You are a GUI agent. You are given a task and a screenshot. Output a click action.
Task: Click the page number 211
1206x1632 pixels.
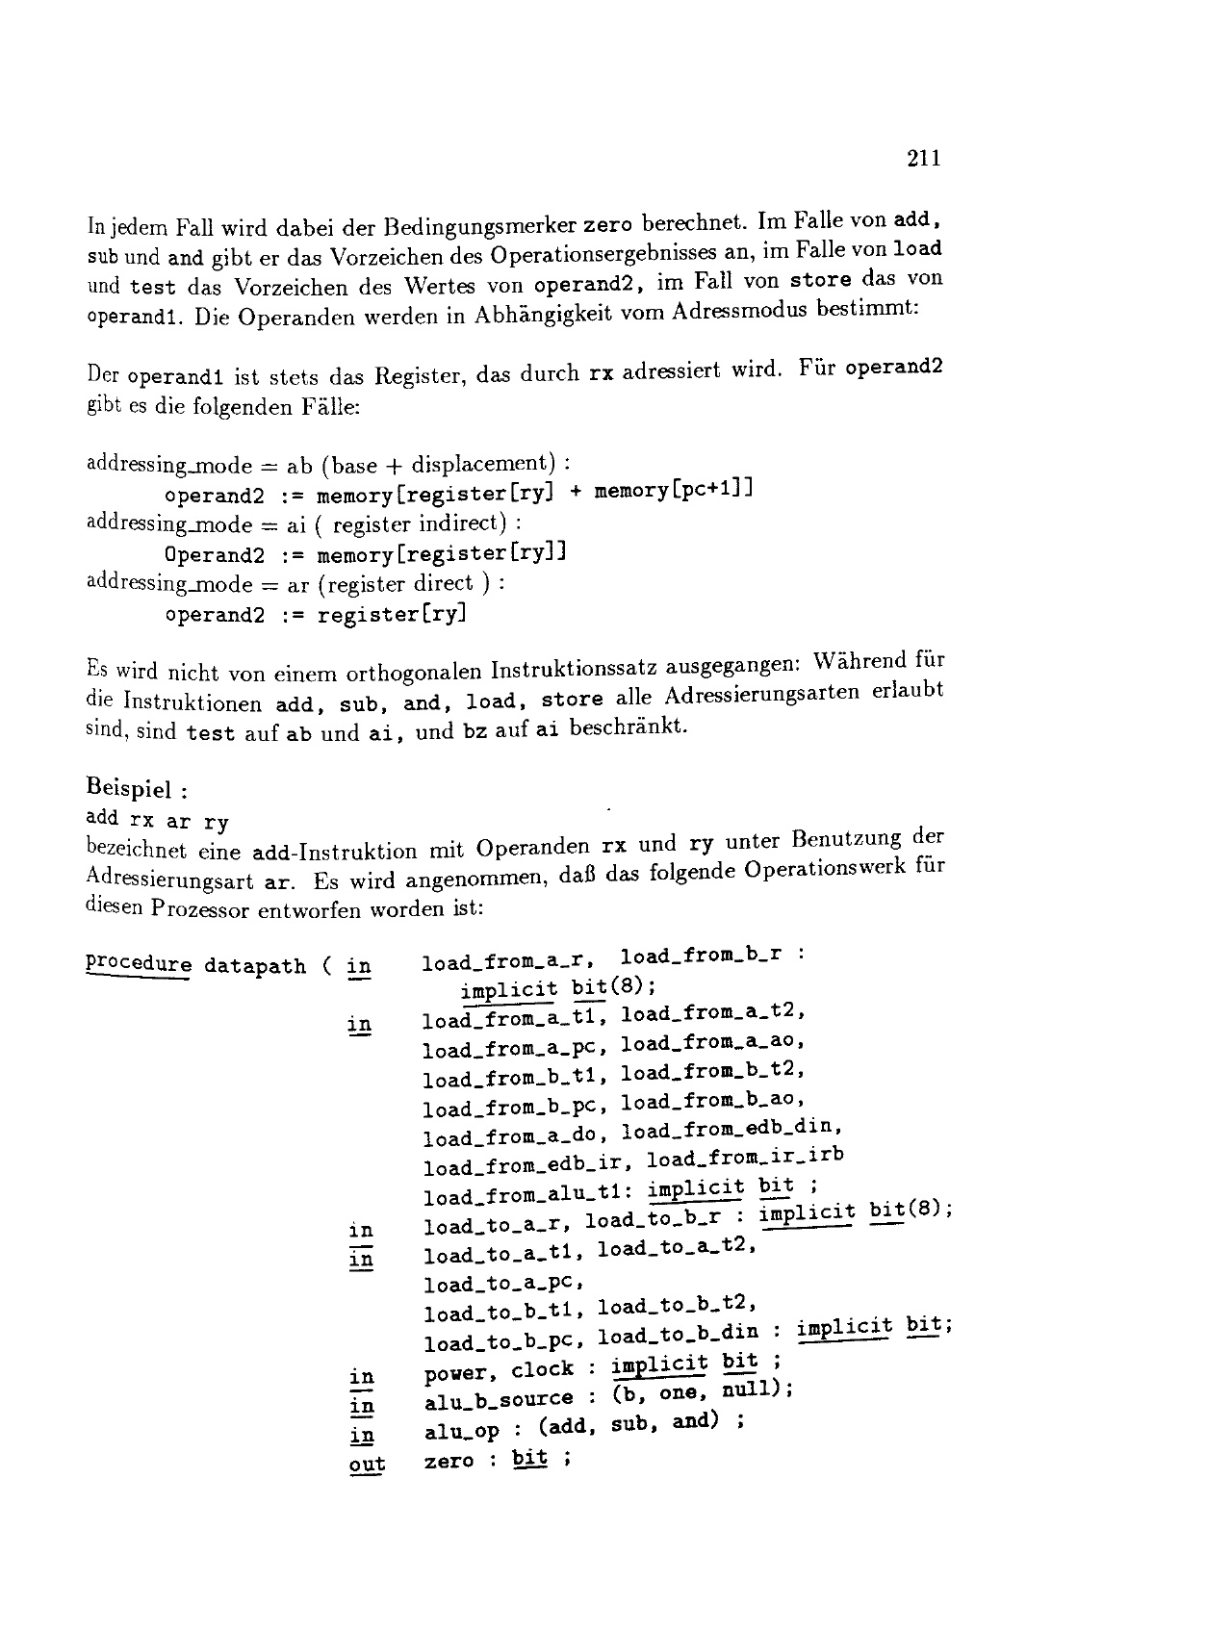tap(923, 159)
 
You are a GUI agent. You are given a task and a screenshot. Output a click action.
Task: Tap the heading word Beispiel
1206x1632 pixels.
tap(129, 790)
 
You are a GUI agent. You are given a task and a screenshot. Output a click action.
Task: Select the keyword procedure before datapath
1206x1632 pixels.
tap(139, 964)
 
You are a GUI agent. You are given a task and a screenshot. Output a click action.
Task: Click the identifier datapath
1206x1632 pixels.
tap(255, 965)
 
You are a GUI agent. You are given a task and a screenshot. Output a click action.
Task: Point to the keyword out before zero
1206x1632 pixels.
tap(367, 1465)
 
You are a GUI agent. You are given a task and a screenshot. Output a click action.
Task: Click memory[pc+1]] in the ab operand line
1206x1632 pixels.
tap(673, 492)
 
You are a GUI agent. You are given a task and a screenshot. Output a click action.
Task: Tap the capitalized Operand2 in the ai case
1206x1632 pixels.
tap(215, 555)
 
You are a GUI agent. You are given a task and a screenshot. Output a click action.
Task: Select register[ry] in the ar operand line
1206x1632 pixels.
tap(392, 615)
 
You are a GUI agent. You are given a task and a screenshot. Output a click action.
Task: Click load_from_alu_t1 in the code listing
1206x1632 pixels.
tap(523, 1197)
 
